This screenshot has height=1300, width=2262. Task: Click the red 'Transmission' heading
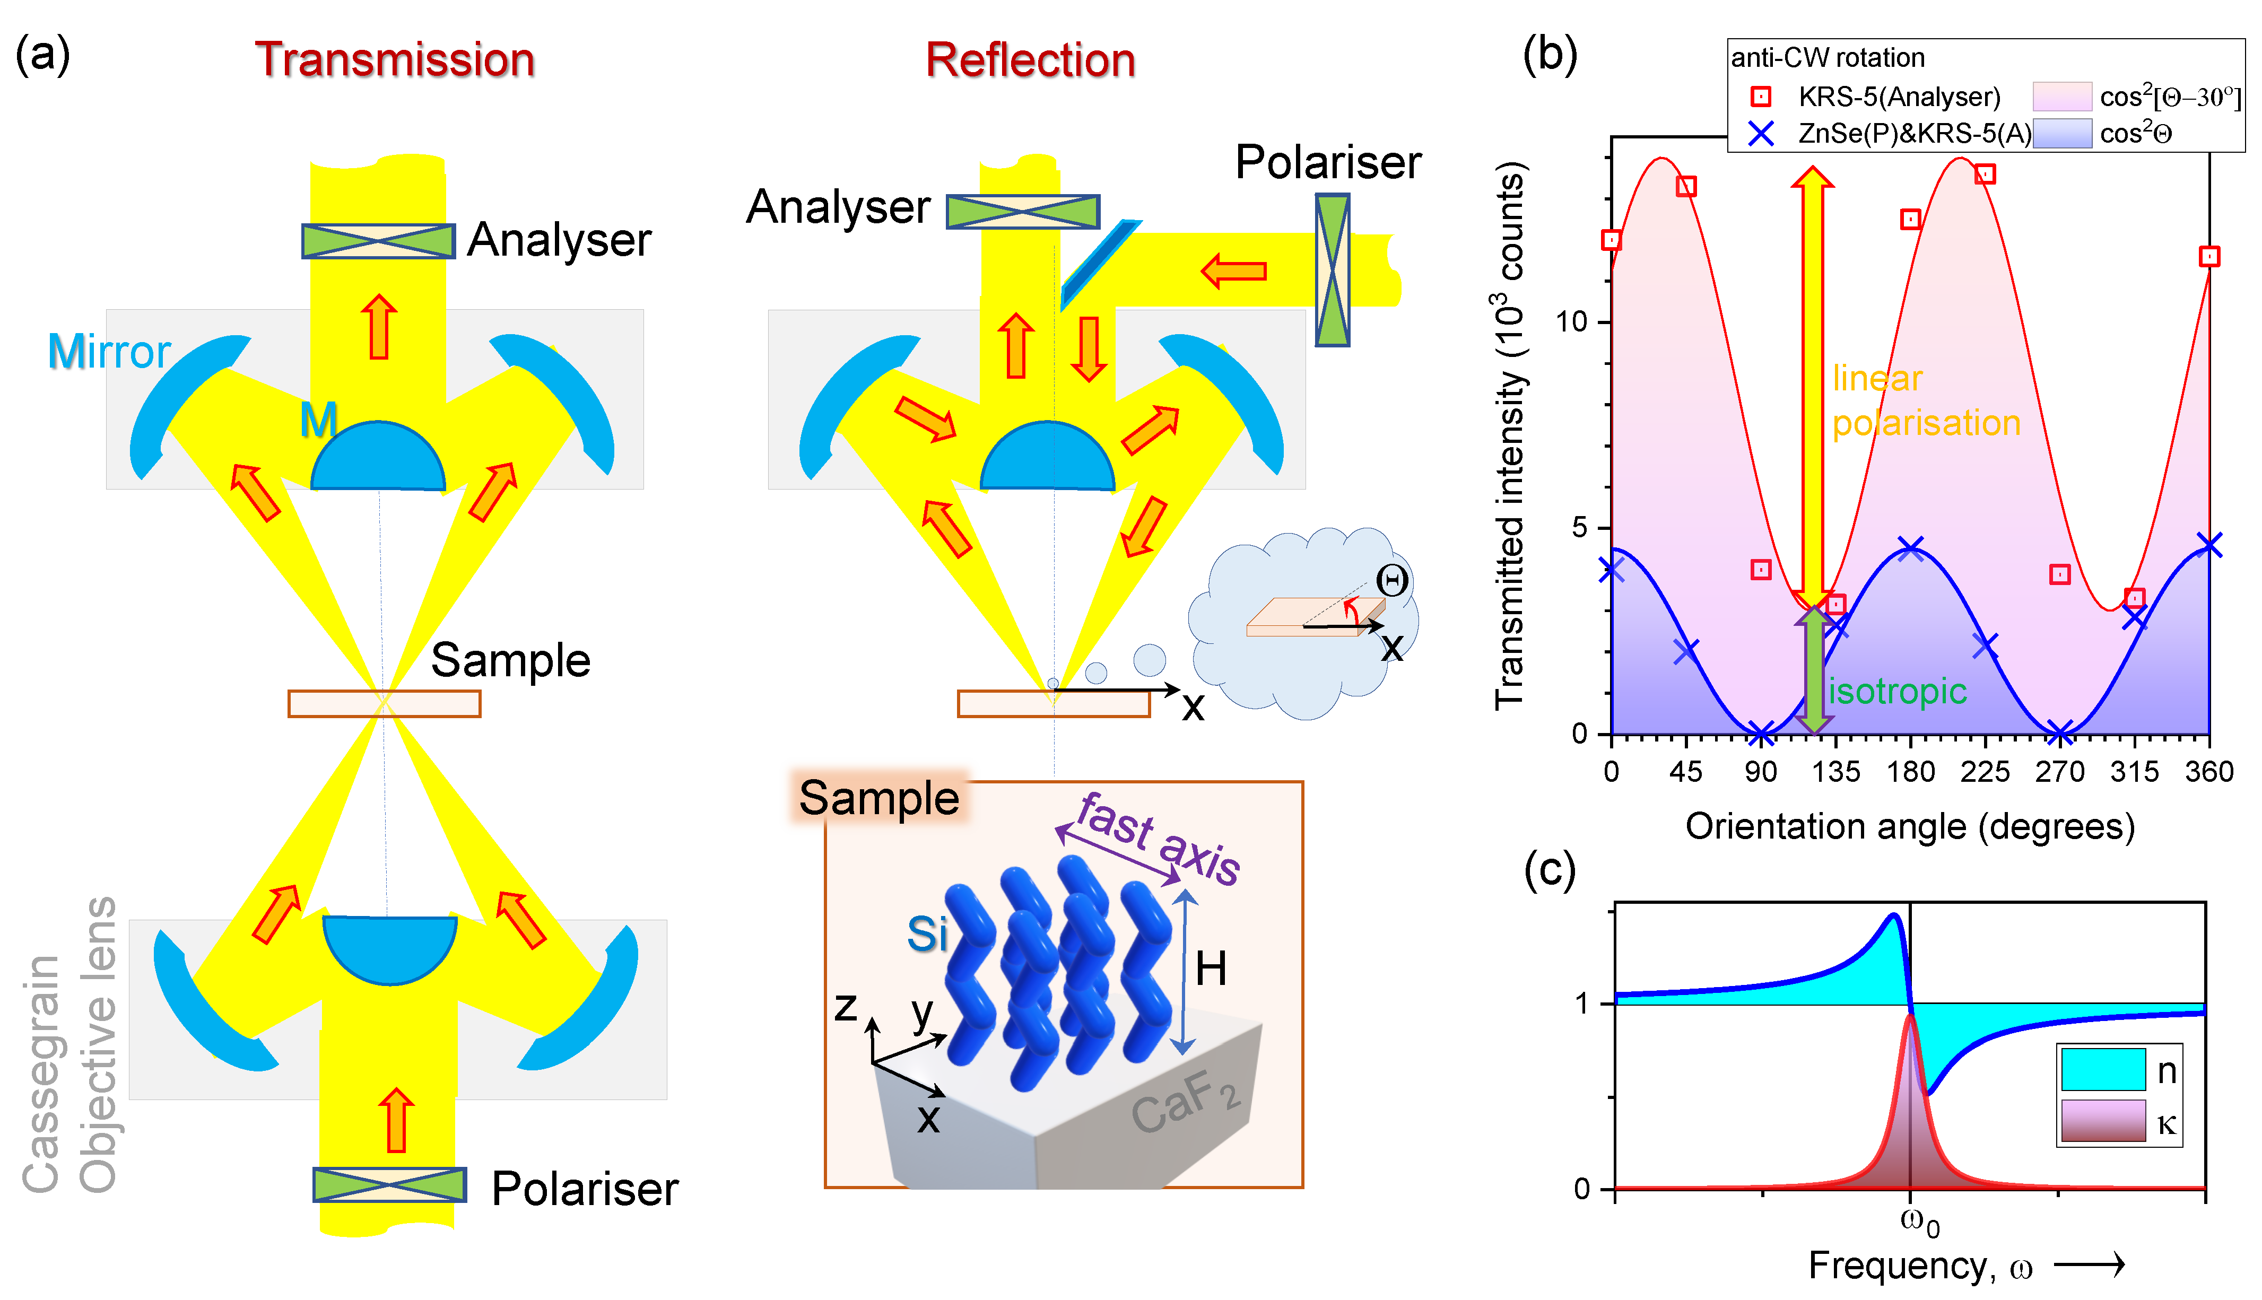(x=395, y=60)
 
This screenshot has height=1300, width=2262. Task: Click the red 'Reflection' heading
(x=1030, y=60)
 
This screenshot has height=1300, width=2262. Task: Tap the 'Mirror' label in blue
(x=109, y=351)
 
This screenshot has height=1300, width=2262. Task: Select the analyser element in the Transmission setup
(x=379, y=241)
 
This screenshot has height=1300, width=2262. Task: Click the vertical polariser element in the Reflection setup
(x=1333, y=269)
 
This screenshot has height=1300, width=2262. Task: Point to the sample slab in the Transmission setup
(x=384, y=704)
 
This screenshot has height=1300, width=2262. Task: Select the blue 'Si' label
(x=927, y=935)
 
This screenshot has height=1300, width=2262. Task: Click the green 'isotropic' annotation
(x=1898, y=691)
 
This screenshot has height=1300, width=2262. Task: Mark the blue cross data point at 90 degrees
(x=1760, y=735)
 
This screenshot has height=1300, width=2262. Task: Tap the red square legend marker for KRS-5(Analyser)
(x=1760, y=97)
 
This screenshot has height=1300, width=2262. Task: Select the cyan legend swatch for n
(x=2103, y=1069)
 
